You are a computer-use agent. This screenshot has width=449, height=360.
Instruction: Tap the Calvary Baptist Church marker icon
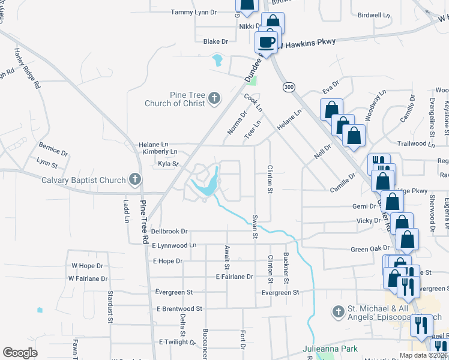coord(136,179)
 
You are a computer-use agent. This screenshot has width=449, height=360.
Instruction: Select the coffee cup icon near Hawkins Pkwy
coord(267,43)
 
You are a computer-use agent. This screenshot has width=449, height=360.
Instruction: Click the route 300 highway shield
coord(289,87)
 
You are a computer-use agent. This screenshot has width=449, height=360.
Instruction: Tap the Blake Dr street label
coord(216,41)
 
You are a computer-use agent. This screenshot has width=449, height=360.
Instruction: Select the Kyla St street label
coord(168,163)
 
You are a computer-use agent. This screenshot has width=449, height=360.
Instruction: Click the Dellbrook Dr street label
coord(169,231)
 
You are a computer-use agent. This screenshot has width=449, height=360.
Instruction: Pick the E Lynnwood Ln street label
coord(174,245)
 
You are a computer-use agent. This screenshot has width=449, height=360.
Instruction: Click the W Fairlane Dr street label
coord(88,278)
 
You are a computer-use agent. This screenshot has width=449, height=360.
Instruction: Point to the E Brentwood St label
coord(180,308)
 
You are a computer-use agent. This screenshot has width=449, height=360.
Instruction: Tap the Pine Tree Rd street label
coord(145,222)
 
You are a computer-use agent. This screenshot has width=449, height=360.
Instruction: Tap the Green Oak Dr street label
coord(370,248)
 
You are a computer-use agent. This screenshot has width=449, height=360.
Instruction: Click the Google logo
coord(20,353)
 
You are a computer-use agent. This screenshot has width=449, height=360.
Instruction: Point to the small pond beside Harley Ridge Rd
coord(40,310)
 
